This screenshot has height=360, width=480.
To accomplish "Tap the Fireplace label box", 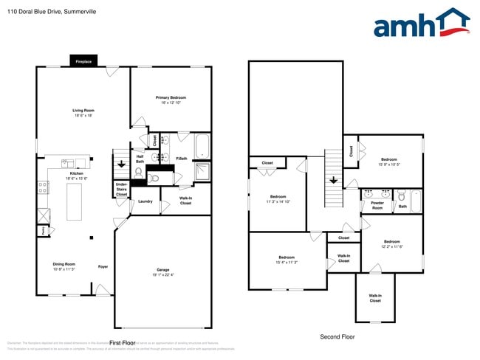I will (x=83, y=62).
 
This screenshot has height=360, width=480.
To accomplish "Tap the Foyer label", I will (x=103, y=266).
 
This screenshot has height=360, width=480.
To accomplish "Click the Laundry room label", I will (x=145, y=201).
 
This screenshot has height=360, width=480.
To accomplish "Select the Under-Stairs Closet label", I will (x=121, y=190).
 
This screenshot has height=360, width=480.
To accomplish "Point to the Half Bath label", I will (x=140, y=158).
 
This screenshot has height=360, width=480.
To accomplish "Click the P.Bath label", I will (x=181, y=158).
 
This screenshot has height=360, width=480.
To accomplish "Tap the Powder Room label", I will (x=377, y=205).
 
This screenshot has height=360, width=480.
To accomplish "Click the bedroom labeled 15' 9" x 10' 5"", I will (x=388, y=162).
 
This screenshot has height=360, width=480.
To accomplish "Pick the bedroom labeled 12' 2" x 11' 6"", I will (x=391, y=244).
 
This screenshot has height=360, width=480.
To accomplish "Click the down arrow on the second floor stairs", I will (x=333, y=179).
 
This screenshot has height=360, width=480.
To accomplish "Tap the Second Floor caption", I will (x=337, y=336).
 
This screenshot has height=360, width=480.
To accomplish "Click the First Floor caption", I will (x=123, y=343).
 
